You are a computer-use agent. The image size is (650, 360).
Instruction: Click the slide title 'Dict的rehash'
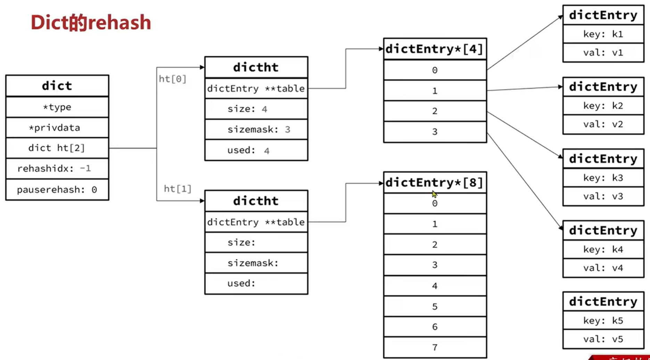(x=91, y=23)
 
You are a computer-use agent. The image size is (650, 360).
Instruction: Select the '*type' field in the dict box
(x=57, y=107)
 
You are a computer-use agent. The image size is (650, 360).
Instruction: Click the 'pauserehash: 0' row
(x=57, y=190)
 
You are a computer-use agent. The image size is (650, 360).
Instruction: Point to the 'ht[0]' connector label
(x=172, y=79)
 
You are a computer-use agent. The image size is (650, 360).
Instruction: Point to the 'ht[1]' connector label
(x=178, y=189)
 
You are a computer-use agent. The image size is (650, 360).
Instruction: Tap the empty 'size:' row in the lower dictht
(x=256, y=242)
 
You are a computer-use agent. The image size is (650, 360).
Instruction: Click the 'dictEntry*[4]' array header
(x=435, y=49)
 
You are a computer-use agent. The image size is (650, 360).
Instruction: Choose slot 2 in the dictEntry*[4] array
(x=435, y=111)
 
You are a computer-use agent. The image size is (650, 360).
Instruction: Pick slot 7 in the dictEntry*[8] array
(x=435, y=347)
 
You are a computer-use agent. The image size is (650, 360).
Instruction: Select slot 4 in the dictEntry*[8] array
(x=435, y=286)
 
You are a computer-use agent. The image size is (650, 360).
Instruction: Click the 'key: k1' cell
(x=603, y=34)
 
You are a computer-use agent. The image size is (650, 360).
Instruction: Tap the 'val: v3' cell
(x=603, y=196)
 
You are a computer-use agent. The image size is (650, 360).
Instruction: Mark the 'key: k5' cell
(x=603, y=320)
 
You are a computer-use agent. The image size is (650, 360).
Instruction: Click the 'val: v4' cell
(x=603, y=268)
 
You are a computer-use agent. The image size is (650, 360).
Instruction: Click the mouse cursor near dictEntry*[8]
(x=434, y=194)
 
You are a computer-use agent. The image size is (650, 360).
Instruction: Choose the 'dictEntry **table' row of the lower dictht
(x=256, y=222)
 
